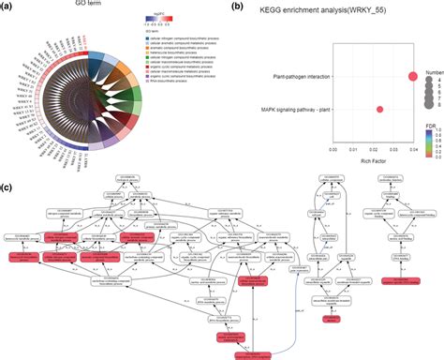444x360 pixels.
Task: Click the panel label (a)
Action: click(7, 7)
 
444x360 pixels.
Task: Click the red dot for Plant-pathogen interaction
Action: click(413, 76)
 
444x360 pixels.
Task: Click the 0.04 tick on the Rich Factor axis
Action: click(413, 147)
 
